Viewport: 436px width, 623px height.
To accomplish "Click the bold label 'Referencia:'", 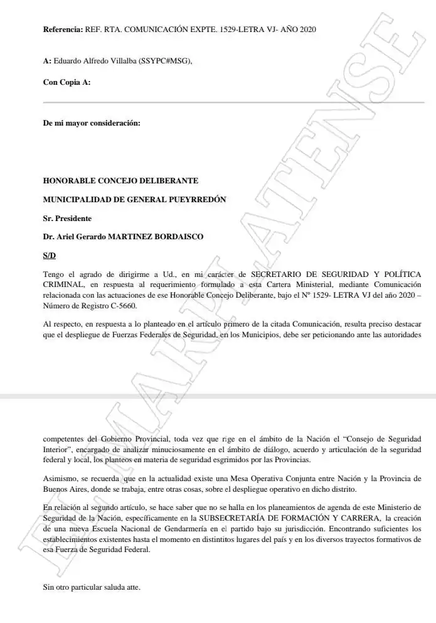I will point(63,30).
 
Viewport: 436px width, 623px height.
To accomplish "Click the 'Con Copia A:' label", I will point(66,82).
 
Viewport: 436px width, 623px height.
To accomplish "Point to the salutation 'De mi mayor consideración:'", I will point(92,123).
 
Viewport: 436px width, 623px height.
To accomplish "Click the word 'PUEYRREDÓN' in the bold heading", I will point(194,199).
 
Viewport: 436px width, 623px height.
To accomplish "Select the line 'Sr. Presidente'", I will point(67,218).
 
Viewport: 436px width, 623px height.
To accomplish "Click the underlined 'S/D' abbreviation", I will point(49,256).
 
